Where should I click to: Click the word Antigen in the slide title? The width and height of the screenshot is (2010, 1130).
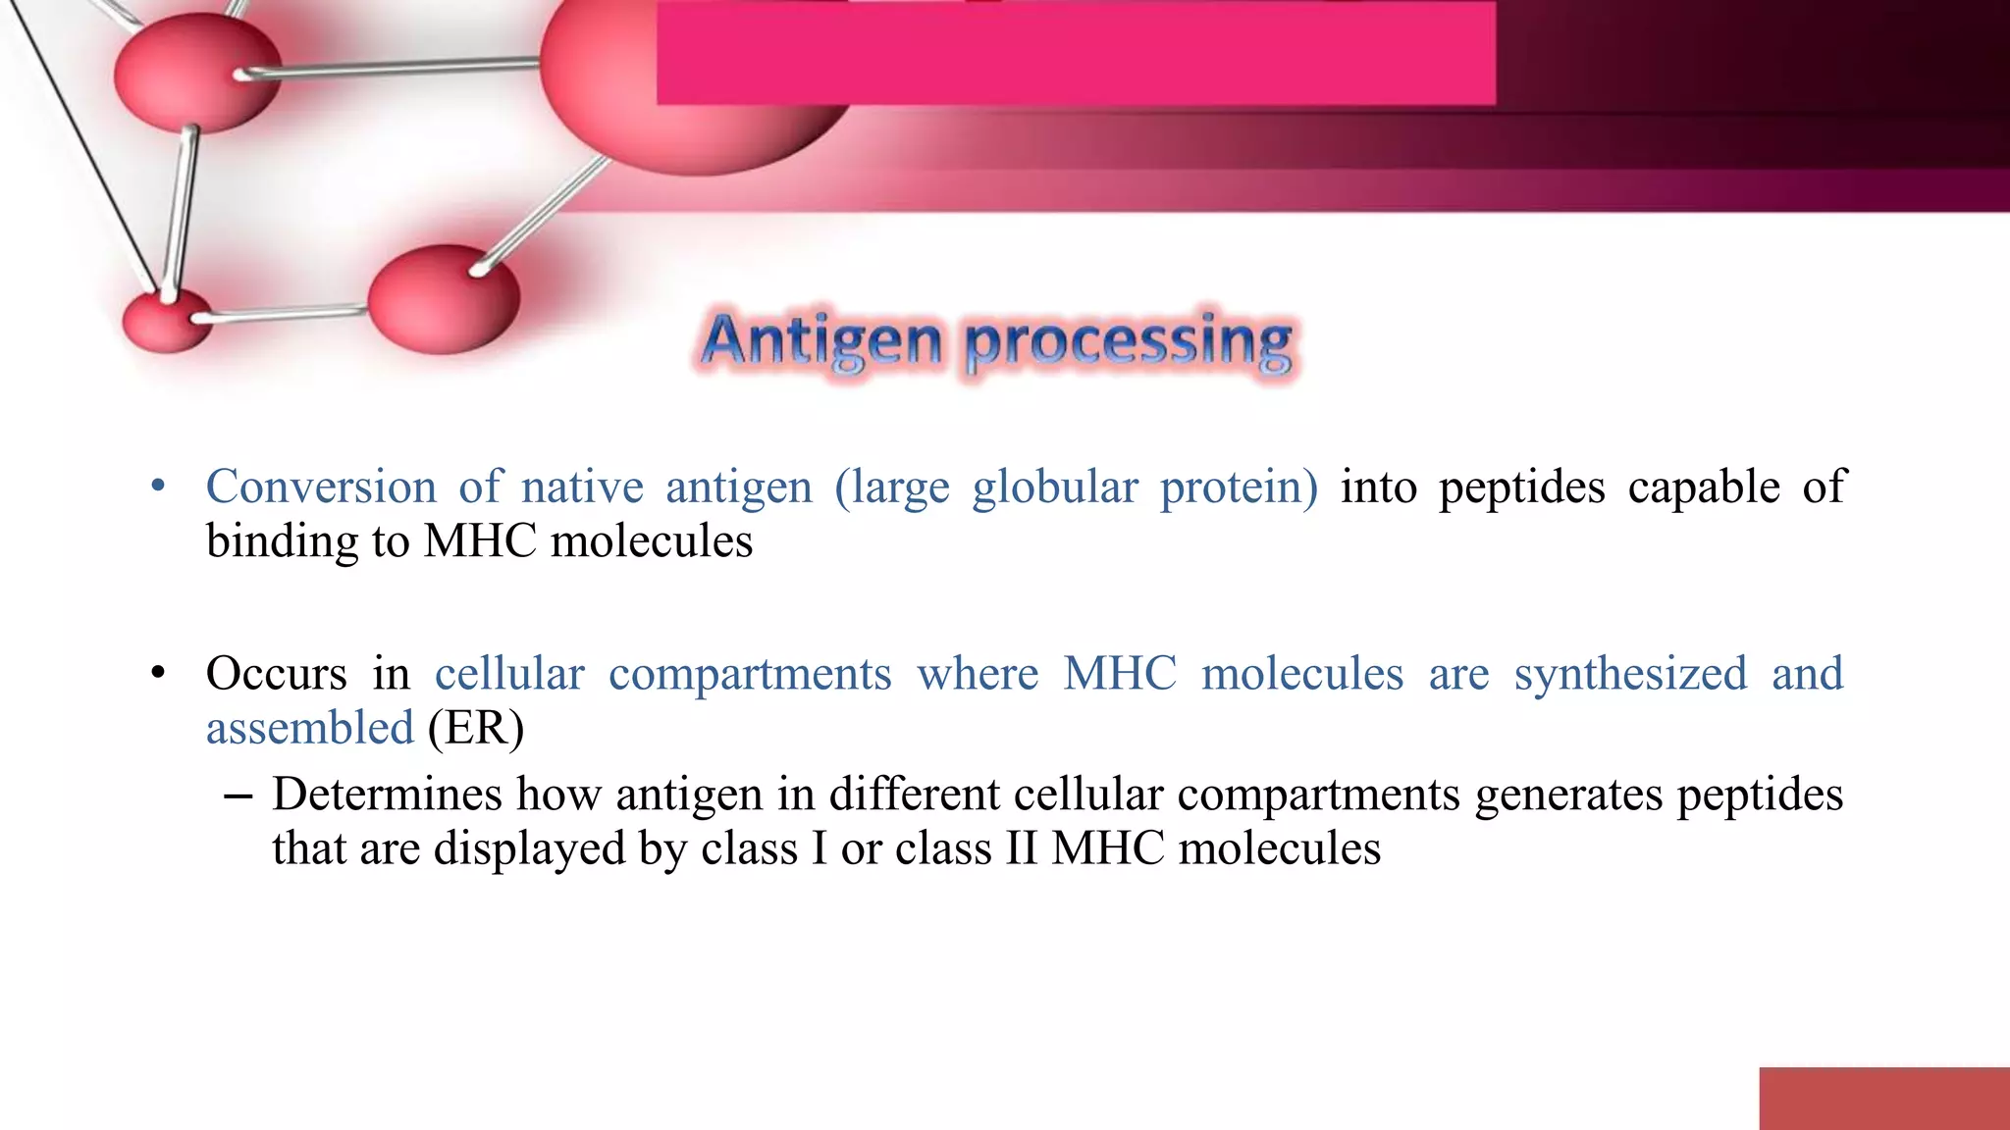pos(821,341)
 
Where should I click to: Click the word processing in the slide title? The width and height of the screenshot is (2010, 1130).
pos(1129,343)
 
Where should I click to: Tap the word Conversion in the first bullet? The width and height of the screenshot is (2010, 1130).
pos(320,487)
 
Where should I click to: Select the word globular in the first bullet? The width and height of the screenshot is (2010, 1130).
pos(1054,487)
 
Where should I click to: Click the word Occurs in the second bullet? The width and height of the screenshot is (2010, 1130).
pos(276,674)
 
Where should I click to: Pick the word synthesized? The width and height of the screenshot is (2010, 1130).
pos(1629,674)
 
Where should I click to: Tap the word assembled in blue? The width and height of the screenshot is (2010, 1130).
pos(309,728)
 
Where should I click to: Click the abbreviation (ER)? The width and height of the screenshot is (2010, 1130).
pos(476,728)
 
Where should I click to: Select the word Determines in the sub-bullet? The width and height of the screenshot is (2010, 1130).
pos(386,794)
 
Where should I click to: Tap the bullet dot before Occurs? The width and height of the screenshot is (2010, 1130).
pos(158,674)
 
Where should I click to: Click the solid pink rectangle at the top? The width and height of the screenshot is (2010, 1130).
pos(1075,54)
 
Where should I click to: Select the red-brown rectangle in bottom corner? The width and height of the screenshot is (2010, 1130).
pos(1883,1098)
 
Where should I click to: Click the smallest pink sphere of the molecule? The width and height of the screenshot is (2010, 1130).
pos(167,322)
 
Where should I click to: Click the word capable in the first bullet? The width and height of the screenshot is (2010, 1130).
pos(1703,487)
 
